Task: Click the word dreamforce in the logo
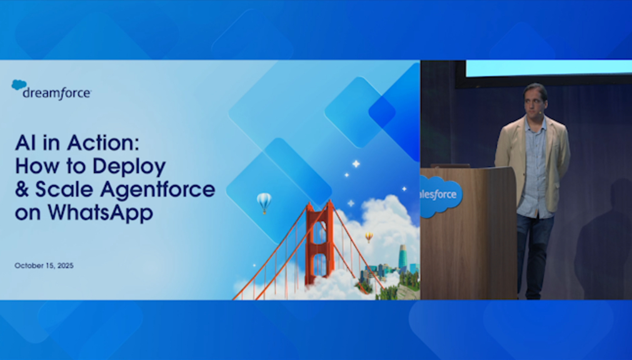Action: coord(57,94)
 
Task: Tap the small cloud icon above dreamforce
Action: coord(19,84)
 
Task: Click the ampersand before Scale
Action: coord(22,189)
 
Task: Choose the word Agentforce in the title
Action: coord(158,189)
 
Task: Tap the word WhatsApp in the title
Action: coord(101,213)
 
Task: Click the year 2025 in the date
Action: coord(65,266)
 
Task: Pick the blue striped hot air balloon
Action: coord(264,202)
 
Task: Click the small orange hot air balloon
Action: coord(369,237)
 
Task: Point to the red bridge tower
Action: coord(319,242)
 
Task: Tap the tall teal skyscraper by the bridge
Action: coord(403,257)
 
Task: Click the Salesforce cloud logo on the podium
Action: coord(441,196)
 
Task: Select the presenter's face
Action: coord(535,101)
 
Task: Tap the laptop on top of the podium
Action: coord(450,166)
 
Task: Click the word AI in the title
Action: coord(27,142)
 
